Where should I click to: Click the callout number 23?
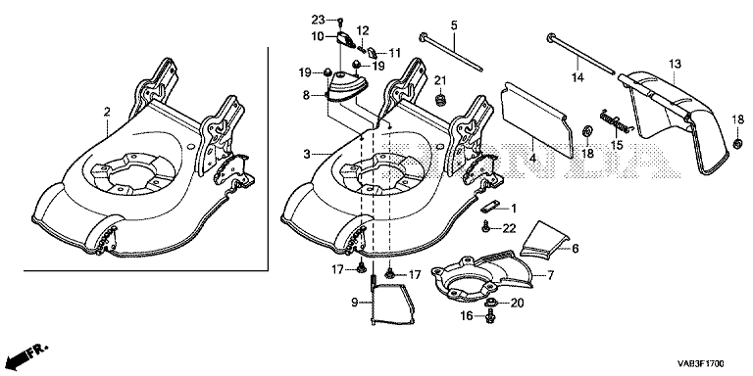[x=318, y=20]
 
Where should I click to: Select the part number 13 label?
[x=675, y=64]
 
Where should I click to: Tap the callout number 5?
[x=454, y=24]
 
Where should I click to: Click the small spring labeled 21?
[x=440, y=101]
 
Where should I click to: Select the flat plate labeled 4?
[x=537, y=118]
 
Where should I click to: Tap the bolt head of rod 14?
[x=551, y=37]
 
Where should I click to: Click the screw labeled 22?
[x=486, y=226]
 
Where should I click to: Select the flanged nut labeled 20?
[x=490, y=303]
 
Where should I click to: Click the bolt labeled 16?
[x=490, y=316]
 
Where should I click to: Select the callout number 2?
[x=107, y=113]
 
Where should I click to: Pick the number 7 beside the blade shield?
[x=550, y=275]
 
